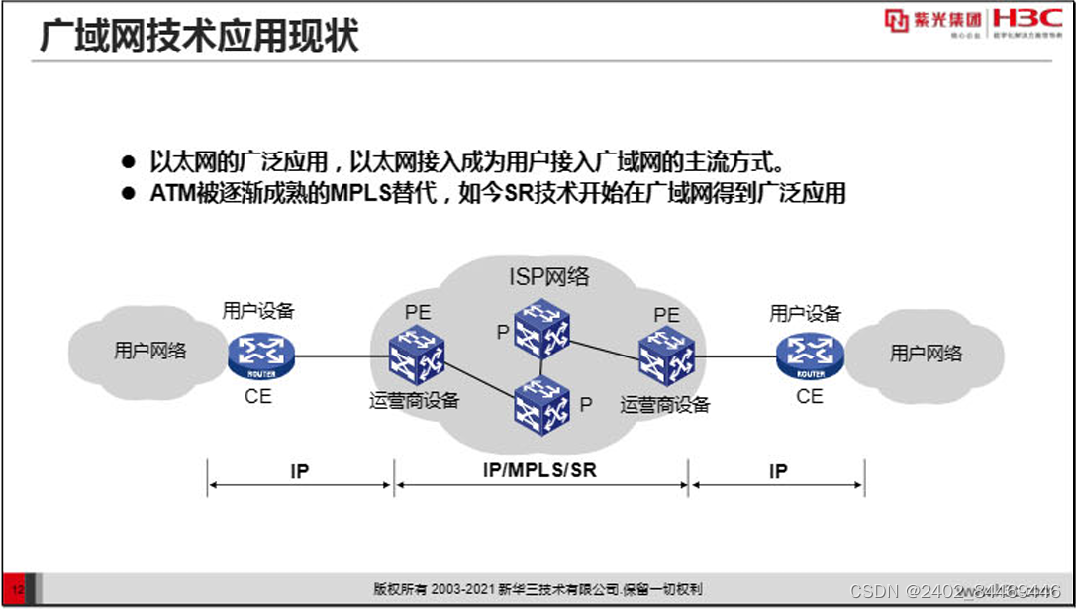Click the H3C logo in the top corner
1027,20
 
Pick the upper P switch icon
542,329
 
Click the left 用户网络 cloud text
150,351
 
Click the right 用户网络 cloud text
927,354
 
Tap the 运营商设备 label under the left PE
415,401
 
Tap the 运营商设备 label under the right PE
665,404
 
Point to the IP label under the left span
300,471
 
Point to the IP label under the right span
778,471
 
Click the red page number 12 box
17,589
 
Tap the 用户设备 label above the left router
258,311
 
